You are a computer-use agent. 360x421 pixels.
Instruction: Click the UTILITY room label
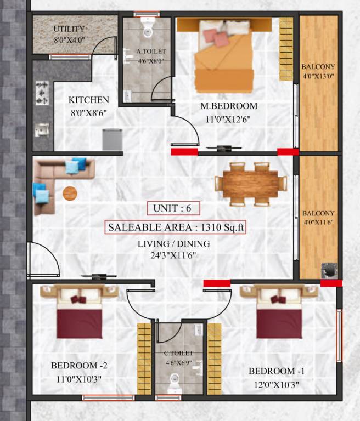pyautogui.click(x=69, y=29)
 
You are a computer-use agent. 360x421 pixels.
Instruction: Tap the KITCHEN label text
pyautogui.click(x=88, y=100)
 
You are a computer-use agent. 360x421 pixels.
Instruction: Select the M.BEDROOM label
pyautogui.click(x=228, y=106)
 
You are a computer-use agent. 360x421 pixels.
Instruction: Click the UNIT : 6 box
pyautogui.click(x=173, y=208)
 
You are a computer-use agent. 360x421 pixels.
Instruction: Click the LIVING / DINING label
pyautogui.click(x=167, y=243)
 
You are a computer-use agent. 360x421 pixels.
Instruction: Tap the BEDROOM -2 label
pyautogui.click(x=76, y=366)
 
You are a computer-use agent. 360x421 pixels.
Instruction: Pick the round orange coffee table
pyautogui.click(x=70, y=194)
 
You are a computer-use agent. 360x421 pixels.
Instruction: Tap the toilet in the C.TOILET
pyautogui.click(x=175, y=380)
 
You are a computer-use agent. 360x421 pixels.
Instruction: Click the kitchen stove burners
pyautogui.click(x=42, y=93)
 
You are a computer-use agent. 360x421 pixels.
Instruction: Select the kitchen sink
pyautogui.click(x=42, y=129)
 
